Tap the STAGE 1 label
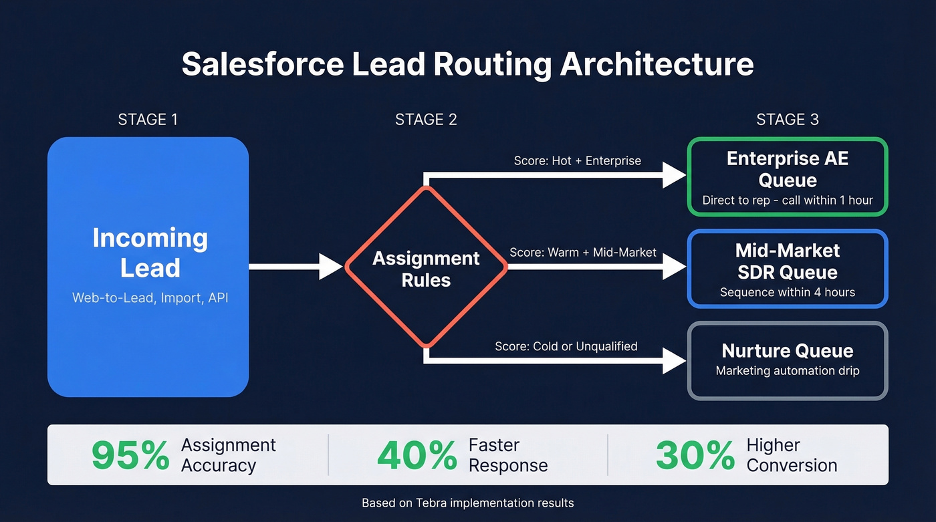[x=148, y=120]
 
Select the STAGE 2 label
[x=426, y=120]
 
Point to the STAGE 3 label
[x=787, y=120]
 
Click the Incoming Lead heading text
[x=150, y=253]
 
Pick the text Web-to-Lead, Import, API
[x=150, y=298]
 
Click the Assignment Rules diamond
[x=426, y=267]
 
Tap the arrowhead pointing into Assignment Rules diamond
[x=331, y=267]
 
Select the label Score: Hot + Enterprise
[x=577, y=160]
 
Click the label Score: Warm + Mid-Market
[x=583, y=253]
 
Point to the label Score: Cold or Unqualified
[x=566, y=346]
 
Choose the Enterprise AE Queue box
[x=788, y=176]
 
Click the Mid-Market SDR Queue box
[x=788, y=269]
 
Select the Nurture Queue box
[x=788, y=361]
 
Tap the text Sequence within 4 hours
[x=788, y=292]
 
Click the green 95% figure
[x=130, y=456]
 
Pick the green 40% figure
[x=417, y=456]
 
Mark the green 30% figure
[x=695, y=456]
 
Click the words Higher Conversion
[x=792, y=455]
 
